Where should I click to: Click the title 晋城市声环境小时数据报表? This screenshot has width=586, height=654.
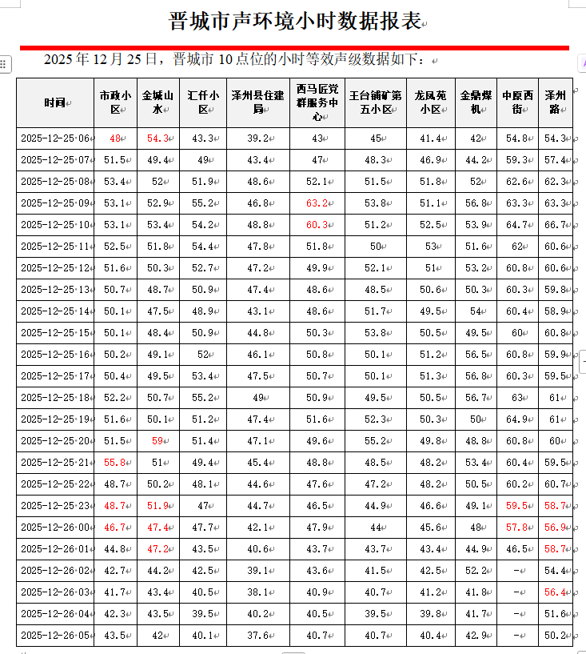click(x=293, y=21)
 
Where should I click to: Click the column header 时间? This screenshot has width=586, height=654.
click(x=55, y=102)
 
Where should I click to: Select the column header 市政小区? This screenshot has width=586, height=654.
click(x=114, y=102)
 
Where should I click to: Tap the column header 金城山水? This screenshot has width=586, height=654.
click(x=158, y=102)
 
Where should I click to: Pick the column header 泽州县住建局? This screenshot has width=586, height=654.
click(x=257, y=102)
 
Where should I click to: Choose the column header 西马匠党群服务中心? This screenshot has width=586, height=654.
click(x=317, y=102)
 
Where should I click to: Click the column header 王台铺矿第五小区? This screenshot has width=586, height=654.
click(x=375, y=102)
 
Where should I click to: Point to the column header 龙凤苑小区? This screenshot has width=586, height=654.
click(x=430, y=102)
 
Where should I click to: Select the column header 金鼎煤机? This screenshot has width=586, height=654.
click(x=476, y=102)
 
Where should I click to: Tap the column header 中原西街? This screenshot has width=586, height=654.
click(x=517, y=102)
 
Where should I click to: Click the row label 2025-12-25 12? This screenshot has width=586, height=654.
click(x=55, y=267)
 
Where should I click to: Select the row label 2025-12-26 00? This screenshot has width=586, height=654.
click(x=55, y=527)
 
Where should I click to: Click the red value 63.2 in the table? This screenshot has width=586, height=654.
click(x=317, y=203)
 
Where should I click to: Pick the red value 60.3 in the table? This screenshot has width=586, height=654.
click(x=317, y=224)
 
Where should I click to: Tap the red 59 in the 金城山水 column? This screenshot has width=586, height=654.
click(x=157, y=440)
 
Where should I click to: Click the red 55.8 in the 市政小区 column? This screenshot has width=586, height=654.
click(x=114, y=462)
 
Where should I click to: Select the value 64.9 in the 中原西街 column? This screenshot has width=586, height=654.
click(x=517, y=419)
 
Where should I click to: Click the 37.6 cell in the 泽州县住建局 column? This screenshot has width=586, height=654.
click(x=257, y=635)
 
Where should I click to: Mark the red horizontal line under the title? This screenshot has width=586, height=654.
click(x=293, y=47)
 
